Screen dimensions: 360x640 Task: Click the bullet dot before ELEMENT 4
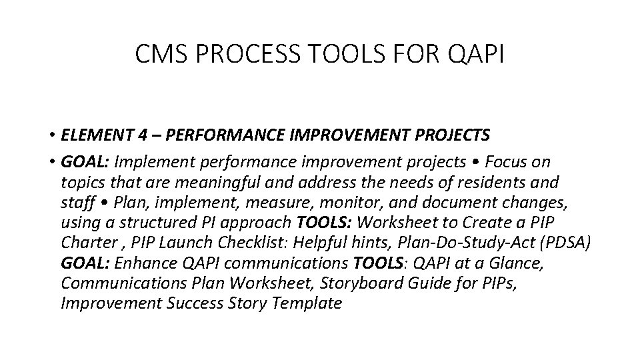pyautogui.click(x=51, y=136)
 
